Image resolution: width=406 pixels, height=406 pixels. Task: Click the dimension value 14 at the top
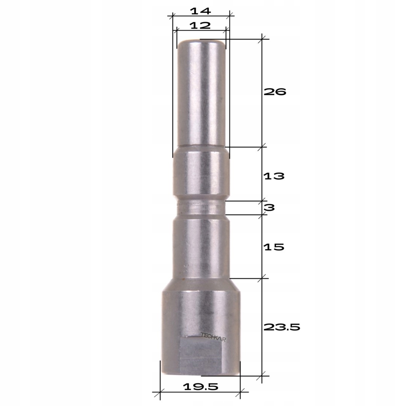[200, 11]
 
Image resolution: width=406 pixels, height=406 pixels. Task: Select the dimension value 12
[200, 26]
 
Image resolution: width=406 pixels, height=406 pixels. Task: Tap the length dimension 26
[275, 92]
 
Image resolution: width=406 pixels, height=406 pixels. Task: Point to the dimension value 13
[274, 176]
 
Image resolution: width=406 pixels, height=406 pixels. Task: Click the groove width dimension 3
[270, 207]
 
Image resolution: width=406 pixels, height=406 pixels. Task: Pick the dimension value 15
[274, 247]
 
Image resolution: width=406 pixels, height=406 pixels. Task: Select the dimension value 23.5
[282, 327]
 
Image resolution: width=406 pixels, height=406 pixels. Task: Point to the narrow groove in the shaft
[201, 208]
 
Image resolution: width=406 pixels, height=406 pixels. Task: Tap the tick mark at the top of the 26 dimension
[262, 38]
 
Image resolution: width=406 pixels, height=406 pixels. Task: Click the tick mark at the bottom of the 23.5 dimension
[262, 375]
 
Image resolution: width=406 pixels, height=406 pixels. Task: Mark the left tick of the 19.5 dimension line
[160, 393]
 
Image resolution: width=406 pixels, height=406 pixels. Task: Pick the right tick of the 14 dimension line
[230, 16]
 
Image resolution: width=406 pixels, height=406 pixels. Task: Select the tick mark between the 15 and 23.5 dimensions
[262, 279]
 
